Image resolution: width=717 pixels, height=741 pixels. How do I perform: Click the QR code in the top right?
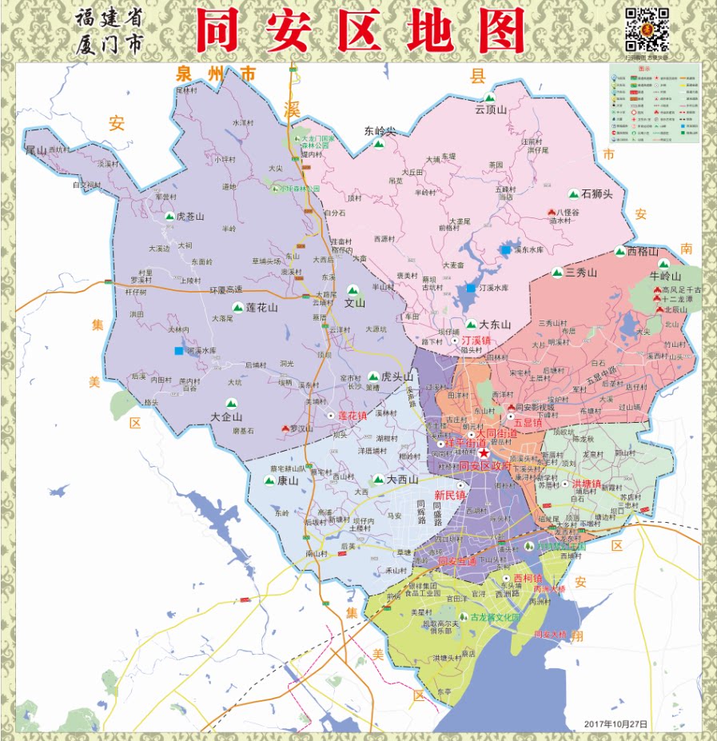646,30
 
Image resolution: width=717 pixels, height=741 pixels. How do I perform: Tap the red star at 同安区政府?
484,453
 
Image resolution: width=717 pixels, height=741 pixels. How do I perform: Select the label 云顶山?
492,110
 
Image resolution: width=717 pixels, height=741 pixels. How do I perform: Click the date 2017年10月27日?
615,723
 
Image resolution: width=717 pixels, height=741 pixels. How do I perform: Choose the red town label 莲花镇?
352,416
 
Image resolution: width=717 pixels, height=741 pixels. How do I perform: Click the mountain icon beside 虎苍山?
169,216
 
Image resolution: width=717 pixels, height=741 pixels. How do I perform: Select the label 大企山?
226,417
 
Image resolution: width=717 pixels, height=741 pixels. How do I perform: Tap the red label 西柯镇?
528,578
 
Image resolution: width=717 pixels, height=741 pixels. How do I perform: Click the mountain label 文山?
354,303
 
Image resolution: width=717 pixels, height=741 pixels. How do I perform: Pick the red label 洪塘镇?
586,484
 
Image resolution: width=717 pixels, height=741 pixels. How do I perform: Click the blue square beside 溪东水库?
506,250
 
